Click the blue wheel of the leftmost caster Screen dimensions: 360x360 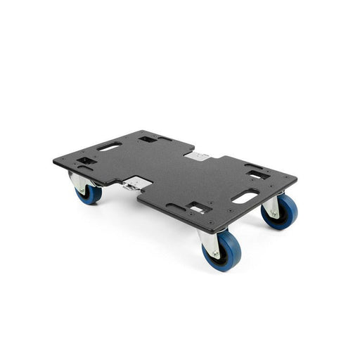click(89, 194)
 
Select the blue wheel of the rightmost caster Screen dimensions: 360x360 click(281, 212)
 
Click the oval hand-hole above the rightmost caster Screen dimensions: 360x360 click(244, 198)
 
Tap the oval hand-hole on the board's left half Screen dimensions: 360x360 click(109, 148)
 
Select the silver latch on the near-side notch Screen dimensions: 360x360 click(133, 185)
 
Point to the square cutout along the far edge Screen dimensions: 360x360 click(148, 139)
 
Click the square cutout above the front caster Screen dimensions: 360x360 click(198, 208)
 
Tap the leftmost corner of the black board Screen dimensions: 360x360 click(54, 162)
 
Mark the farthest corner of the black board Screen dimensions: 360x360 click(142, 131)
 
